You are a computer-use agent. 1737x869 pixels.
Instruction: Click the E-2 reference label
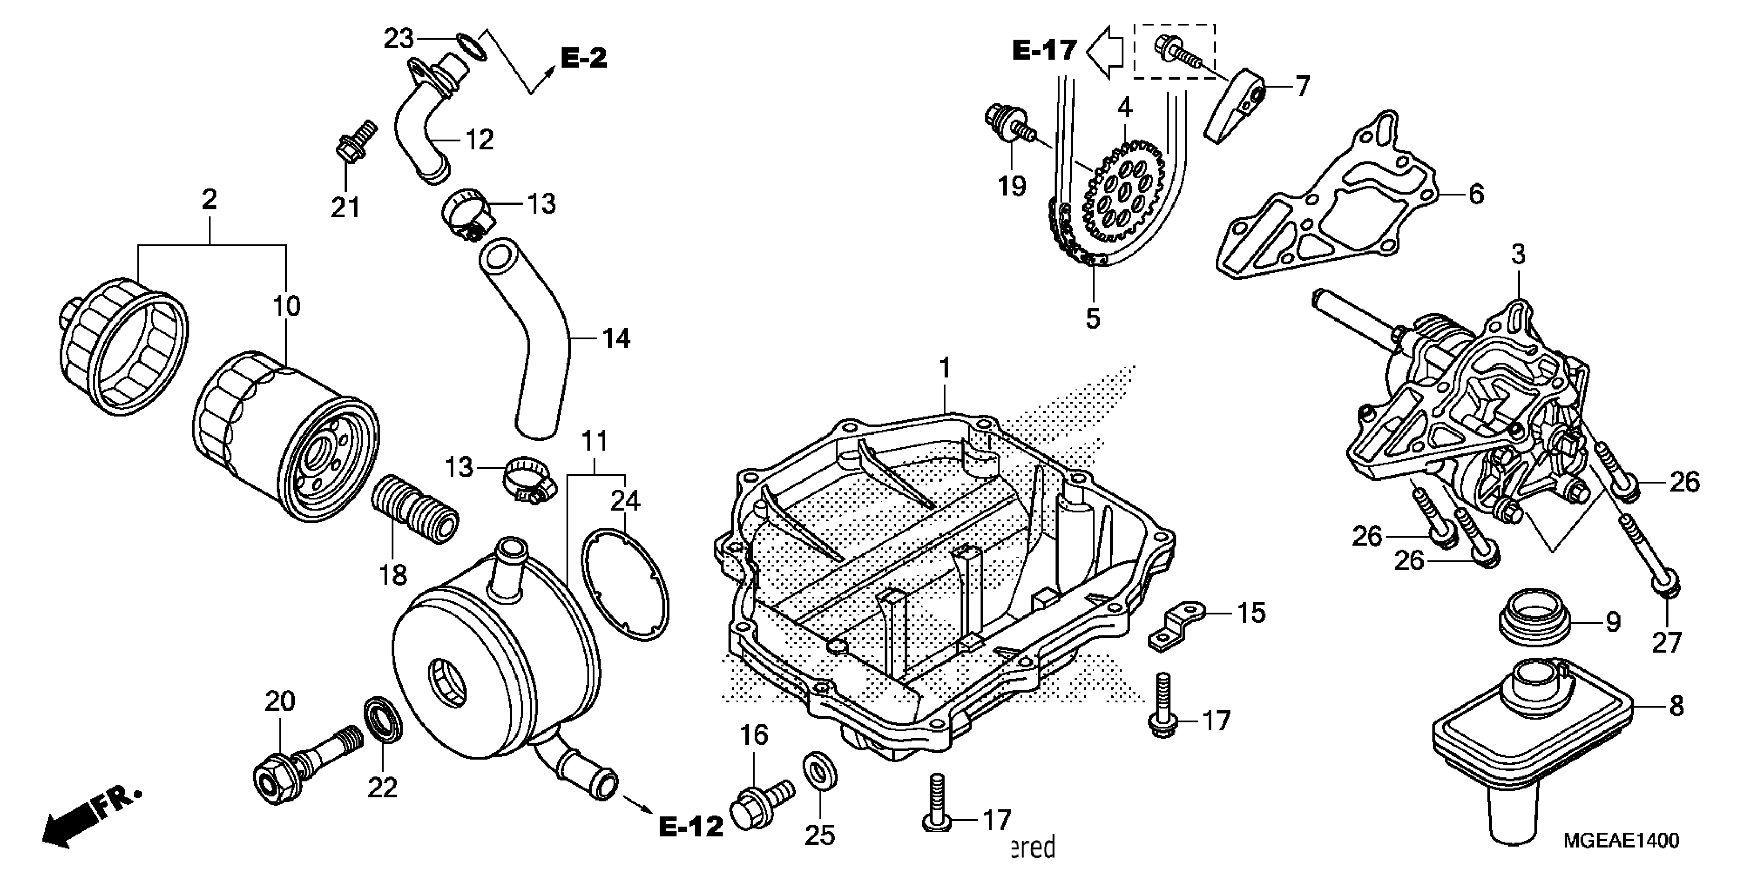pyautogui.click(x=584, y=58)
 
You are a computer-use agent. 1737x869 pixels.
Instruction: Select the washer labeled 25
pyautogui.click(x=820, y=770)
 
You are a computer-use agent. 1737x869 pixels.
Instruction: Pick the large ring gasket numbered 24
pyautogui.click(x=625, y=584)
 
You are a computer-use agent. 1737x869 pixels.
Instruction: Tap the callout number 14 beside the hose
pyautogui.click(x=616, y=337)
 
